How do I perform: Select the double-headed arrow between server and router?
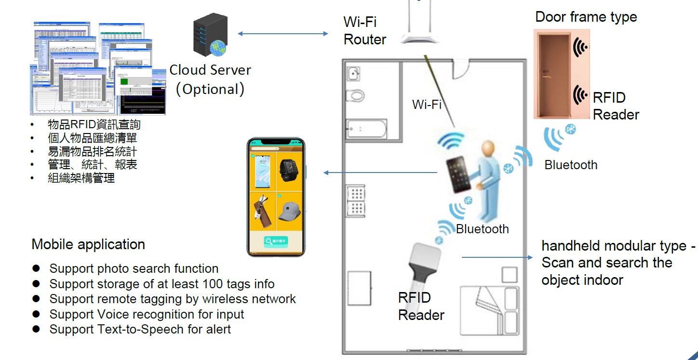coord(283,33)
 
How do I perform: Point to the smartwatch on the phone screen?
coord(290,169)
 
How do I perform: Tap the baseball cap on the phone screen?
coord(290,210)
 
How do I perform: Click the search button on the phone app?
coord(276,241)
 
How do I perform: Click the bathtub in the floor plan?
coord(367,129)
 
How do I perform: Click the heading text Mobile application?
coord(88,244)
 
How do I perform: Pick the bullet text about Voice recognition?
coord(147,314)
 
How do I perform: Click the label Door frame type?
coord(586,17)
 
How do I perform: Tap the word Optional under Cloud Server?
coord(210,89)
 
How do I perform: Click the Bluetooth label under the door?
coord(571,165)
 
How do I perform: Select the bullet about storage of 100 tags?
coord(162,284)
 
